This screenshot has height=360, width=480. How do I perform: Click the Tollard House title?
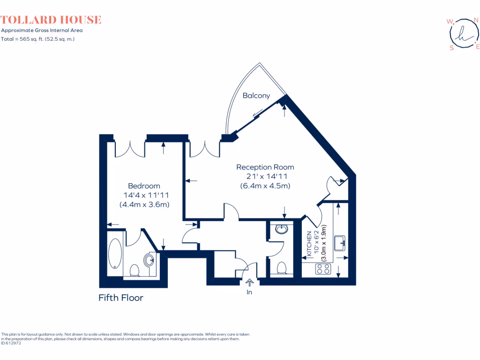(x=51, y=20)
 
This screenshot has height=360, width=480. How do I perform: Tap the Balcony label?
(x=256, y=96)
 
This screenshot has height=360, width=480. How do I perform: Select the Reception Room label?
(x=265, y=167)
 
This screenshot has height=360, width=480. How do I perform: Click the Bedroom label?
(x=144, y=186)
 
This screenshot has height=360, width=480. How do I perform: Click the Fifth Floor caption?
(x=120, y=298)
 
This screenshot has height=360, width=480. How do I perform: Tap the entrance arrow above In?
(x=249, y=282)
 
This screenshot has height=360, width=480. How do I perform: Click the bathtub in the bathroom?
(x=115, y=253)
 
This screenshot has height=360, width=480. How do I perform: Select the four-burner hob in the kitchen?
(x=322, y=269)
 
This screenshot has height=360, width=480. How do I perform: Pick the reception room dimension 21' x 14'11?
(x=266, y=176)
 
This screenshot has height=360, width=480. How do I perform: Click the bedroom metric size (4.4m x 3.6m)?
(x=144, y=204)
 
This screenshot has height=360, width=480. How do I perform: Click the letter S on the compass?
(x=451, y=48)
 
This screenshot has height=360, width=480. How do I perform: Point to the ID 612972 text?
(x=11, y=343)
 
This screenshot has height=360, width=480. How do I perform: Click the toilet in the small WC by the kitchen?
(x=282, y=267)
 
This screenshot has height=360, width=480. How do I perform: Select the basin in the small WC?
(x=281, y=229)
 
